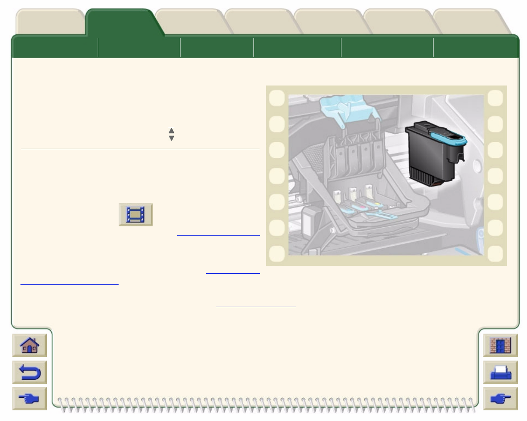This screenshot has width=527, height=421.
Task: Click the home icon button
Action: [29, 346]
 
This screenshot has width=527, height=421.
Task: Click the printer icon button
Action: [500, 372]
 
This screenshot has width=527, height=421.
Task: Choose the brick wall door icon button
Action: [500, 346]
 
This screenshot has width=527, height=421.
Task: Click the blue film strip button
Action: [135, 215]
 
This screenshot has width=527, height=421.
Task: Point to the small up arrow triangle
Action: [171, 131]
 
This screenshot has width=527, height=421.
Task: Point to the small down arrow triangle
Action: [171, 138]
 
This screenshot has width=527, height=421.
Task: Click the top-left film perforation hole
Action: [277, 98]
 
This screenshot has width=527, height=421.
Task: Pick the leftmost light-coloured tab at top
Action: [50, 22]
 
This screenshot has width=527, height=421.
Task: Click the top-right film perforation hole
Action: [495, 98]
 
